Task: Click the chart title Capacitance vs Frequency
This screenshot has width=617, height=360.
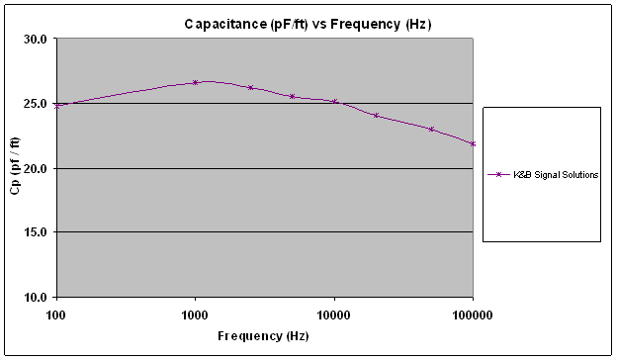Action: (x=308, y=25)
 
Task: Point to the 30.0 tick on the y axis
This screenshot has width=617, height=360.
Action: (x=36, y=39)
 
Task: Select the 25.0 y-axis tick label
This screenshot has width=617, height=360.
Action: (x=36, y=104)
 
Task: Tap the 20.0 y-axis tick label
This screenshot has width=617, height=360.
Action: (x=36, y=168)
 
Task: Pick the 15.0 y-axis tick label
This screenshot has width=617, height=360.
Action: (x=36, y=232)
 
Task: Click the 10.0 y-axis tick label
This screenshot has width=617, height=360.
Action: (x=36, y=297)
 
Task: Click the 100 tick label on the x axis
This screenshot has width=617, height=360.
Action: (x=56, y=315)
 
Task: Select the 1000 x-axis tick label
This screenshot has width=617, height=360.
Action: (x=195, y=315)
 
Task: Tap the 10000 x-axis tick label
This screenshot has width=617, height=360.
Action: (x=334, y=315)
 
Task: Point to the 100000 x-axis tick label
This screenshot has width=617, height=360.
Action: (x=473, y=315)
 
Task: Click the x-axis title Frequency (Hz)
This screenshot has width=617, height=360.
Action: (x=263, y=336)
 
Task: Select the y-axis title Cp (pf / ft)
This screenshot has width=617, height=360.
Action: (x=15, y=166)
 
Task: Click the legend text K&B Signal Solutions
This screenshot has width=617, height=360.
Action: (x=556, y=175)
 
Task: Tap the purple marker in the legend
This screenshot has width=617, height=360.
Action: (x=498, y=174)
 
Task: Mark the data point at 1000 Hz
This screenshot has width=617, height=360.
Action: (x=195, y=83)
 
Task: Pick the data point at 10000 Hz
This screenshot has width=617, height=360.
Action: (x=335, y=102)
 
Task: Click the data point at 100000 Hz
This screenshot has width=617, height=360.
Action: (x=473, y=144)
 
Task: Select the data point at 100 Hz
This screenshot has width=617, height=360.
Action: (x=57, y=106)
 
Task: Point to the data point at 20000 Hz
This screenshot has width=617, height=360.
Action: (x=376, y=116)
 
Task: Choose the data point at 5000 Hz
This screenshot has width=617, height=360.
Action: (x=292, y=96)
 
